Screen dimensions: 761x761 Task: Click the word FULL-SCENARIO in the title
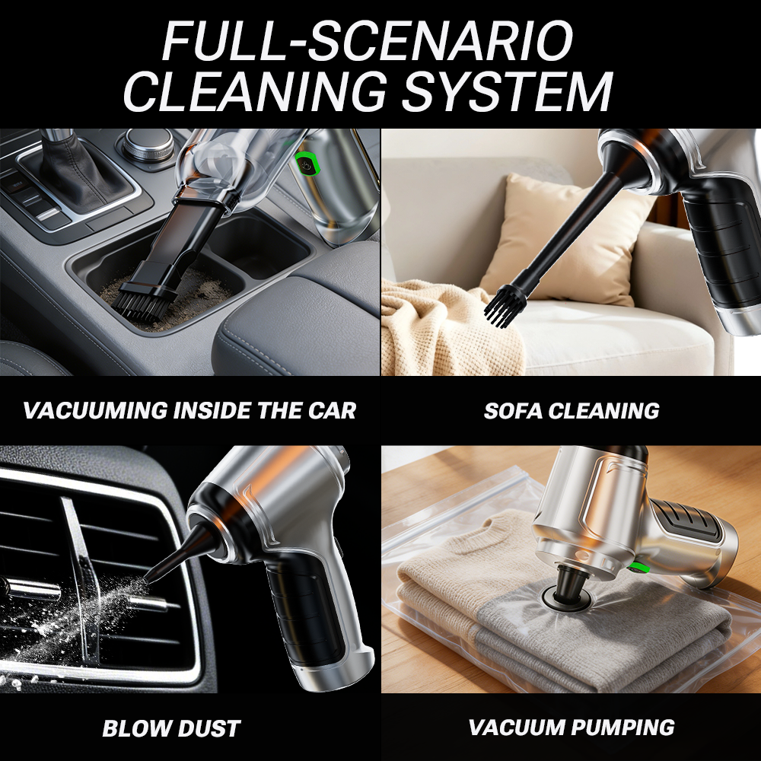[368, 40]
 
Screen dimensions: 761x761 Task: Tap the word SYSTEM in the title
[507, 91]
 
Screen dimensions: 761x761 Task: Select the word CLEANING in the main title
[256, 91]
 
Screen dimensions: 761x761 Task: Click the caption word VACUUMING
[94, 411]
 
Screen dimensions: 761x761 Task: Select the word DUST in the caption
[209, 728]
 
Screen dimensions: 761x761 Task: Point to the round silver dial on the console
[148, 143]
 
